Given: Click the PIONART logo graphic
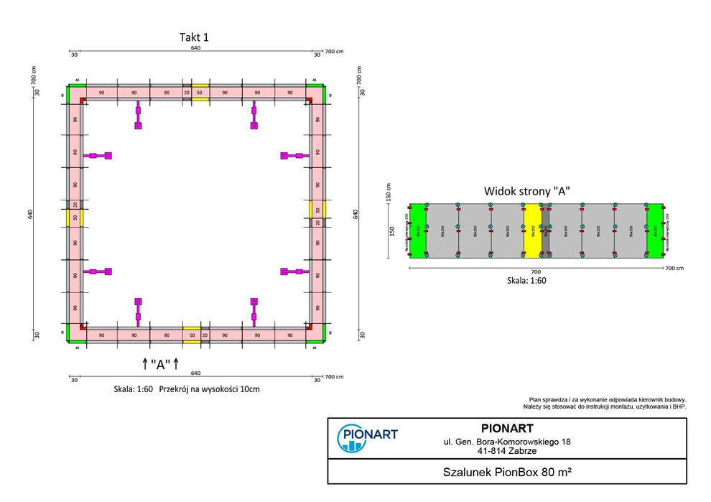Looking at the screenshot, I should tap(367, 438).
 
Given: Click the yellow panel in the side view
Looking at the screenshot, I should tap(532, 230).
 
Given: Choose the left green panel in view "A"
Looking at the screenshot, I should tap(418, 230).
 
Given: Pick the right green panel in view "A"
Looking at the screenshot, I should tap(654, 230).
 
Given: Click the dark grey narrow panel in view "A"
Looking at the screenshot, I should tap(545, 230).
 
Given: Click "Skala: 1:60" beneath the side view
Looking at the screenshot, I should tap(527, 281).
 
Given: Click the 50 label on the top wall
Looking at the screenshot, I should tap(200, 93).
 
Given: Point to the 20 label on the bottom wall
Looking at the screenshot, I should tap(205, 335).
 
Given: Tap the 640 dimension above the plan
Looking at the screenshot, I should tap(195, 49).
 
